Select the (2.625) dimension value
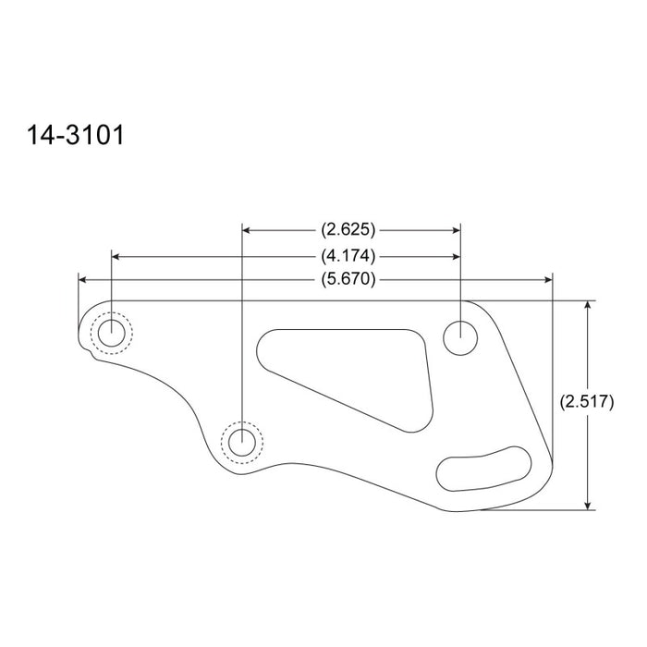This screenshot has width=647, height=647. point(350,228)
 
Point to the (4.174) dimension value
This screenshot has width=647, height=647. point(350,255)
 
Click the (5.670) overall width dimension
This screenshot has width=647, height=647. point(350,280)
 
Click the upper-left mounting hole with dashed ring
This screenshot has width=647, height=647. point(112,333)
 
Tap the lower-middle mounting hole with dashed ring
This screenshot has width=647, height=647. point(242,442)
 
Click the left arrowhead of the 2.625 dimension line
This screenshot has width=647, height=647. point(248,228)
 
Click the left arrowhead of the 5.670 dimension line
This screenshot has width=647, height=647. point(84,280)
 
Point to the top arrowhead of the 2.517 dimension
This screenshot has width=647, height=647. point(588,307)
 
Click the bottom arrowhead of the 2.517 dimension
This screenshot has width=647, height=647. point(588,503)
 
